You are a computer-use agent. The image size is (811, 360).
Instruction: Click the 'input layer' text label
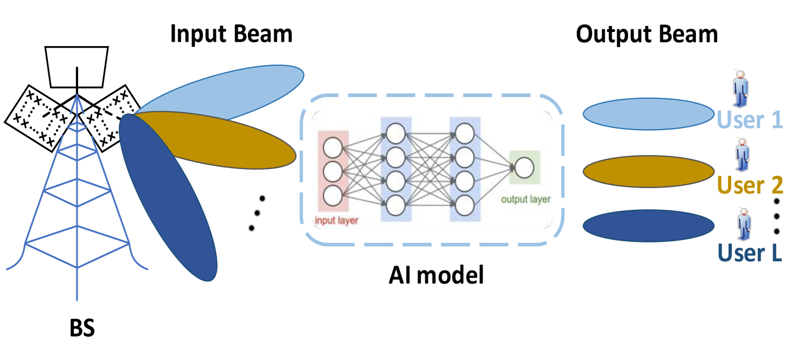[337, 221]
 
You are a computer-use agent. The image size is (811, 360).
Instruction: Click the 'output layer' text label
[525, 200]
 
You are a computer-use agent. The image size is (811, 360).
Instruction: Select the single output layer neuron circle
[524, 168]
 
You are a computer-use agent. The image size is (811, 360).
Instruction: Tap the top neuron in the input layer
[333, 147]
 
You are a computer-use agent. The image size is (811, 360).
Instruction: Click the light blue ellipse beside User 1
[648, 114]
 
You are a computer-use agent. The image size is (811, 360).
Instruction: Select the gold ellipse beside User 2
[648, 171]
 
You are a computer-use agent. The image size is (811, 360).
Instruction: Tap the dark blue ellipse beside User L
[648, 226]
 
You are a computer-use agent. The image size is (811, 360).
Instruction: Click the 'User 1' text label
[750, 120]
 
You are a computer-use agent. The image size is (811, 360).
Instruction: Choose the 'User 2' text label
[750, 185]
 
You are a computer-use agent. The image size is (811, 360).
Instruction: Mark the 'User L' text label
[750, 253]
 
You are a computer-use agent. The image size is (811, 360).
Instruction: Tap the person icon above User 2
[742, 155]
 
